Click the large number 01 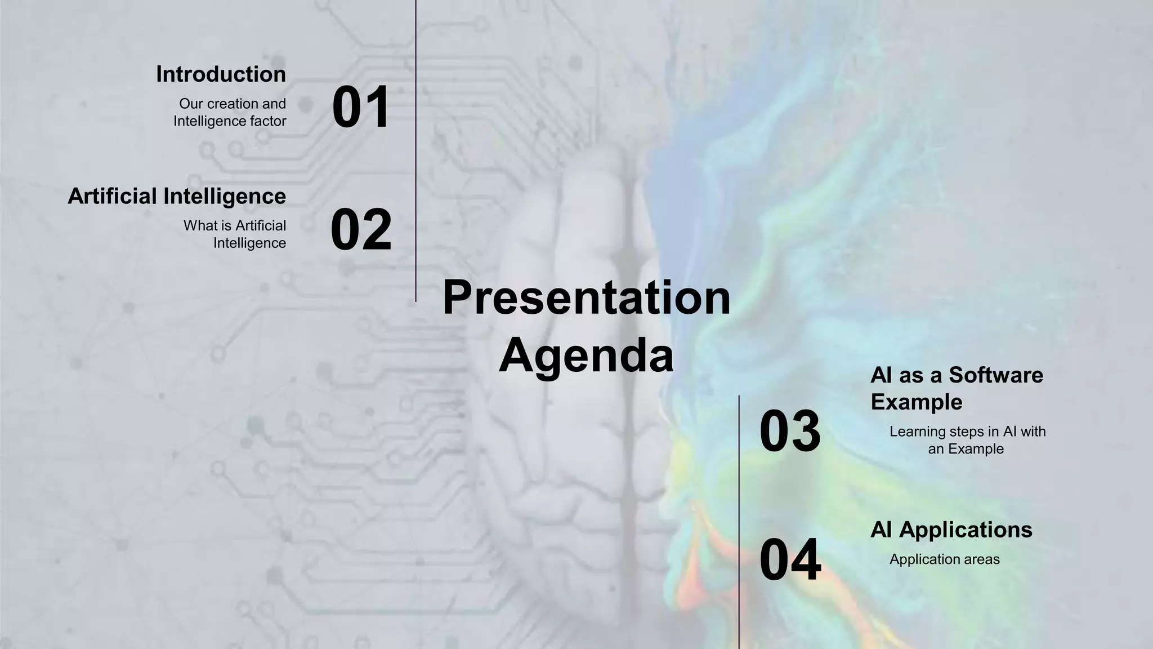click(360, 107)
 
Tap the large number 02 click(360, 229)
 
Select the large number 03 click(790, 432)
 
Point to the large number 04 click(790, 560)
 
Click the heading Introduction click(221, 74)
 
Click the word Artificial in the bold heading click(112, 196)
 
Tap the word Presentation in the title click(586, 297)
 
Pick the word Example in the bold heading click(916, 402)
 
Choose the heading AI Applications click(951, 530)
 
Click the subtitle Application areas click(944, 559)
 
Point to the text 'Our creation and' click(232, 104)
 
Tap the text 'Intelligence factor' click(230, 121)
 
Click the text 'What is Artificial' click(234, 225)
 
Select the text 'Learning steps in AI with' click(967, 432)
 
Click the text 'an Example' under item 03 click(966, 449)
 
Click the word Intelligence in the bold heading click(224, 196)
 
